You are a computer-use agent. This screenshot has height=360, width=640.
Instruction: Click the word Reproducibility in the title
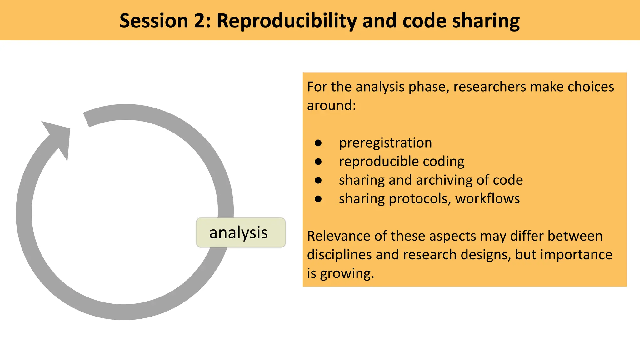coord(287,21)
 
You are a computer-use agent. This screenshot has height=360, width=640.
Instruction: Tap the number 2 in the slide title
coord(202,21)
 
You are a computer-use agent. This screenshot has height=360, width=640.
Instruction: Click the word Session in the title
coord(153,21)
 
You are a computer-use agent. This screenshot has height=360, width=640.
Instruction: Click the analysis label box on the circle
coord(241,232)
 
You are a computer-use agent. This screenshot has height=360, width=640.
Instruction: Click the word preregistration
coord(385,143)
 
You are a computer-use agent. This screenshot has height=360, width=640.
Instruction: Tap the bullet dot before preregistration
coord(318,143)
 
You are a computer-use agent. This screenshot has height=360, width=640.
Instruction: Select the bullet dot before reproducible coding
coord(318,162)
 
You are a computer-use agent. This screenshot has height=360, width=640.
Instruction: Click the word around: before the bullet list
coord(331,105)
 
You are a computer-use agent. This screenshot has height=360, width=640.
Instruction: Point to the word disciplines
coord(339,255)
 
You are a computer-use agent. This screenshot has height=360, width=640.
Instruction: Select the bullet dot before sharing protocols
coord(318,199)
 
